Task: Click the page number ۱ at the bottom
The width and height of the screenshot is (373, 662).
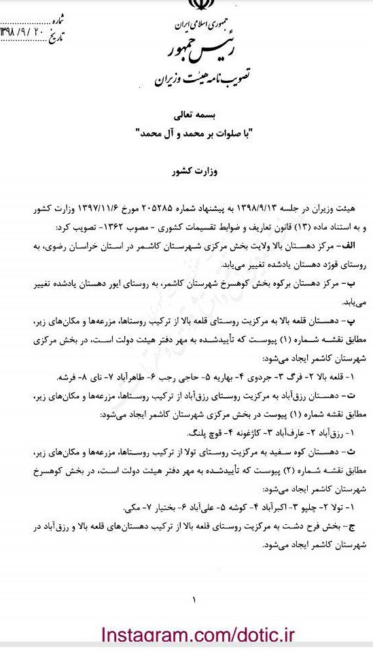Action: (x=194, y=599)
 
